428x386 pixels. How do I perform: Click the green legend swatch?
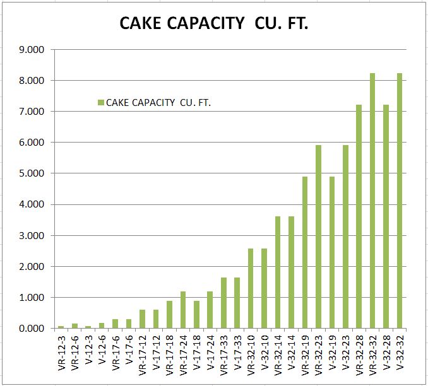[x=100, y=103]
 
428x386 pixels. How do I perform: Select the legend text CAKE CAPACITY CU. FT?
[x=158, y=103]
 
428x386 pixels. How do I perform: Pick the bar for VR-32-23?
[x=318, y=237]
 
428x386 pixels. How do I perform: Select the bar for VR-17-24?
[x=183, y=310]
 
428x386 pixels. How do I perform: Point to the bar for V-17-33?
[x=237, y=303]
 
